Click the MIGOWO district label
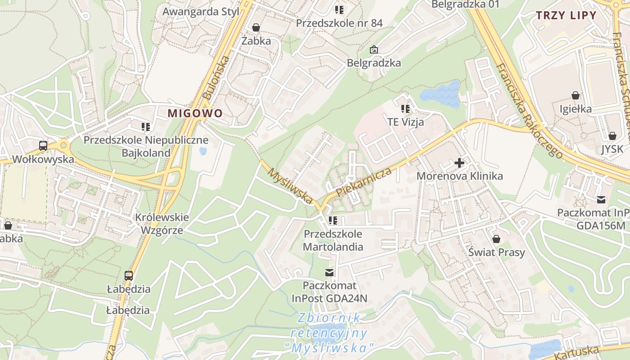pos(195,113)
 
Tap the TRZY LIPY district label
pos(566,15)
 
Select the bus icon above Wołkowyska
pos(43,146)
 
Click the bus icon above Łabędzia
pos(129,275)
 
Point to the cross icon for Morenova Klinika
pos(459,162)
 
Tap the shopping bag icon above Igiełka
pos(575,95)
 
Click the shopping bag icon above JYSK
pos(612,135)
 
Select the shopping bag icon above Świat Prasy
pos(496,239)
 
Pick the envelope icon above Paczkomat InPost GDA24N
pos(330,272)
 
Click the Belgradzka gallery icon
pos(373,49)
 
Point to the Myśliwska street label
pos(291,185)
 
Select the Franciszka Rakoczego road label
pos(529,111)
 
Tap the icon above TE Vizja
pos(405,109)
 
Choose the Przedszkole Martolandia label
pos(333,240)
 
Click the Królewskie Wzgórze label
pos(162,224)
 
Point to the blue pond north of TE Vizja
pos(440,94)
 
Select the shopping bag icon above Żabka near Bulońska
pos(256,28)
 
